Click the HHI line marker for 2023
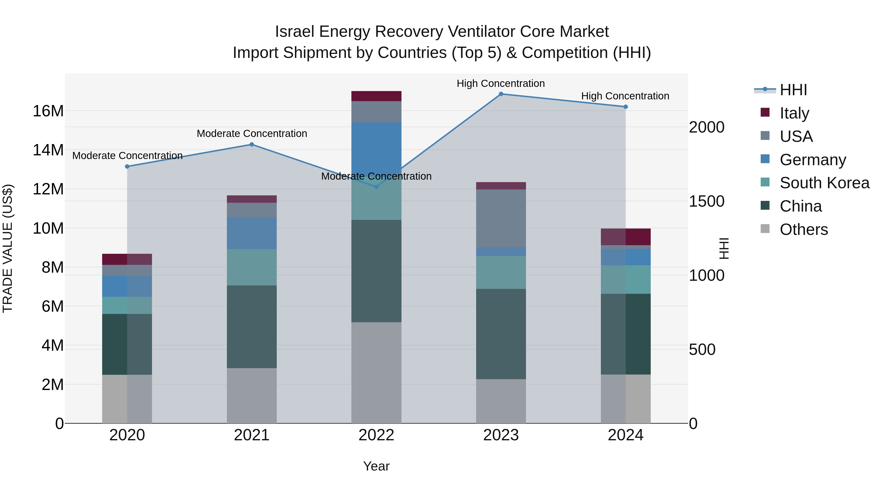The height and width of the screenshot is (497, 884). click(501, 94)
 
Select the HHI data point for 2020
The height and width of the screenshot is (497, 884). click(127, 166)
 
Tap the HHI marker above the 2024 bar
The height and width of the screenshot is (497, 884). click(625, 107)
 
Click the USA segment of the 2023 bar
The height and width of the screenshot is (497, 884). click(501, 218)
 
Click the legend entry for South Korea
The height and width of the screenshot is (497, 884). click(824, 183)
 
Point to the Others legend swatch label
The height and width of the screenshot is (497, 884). click(803, 229)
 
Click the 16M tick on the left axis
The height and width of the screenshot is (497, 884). click(48, 111)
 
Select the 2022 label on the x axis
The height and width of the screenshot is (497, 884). click(376, 435)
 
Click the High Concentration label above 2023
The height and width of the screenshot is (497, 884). click(500, 83)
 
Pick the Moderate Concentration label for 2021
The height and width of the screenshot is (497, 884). click(251, 134)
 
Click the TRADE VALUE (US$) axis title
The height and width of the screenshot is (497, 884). click(8, 248)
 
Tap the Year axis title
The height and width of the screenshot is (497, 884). click(376, 466)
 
